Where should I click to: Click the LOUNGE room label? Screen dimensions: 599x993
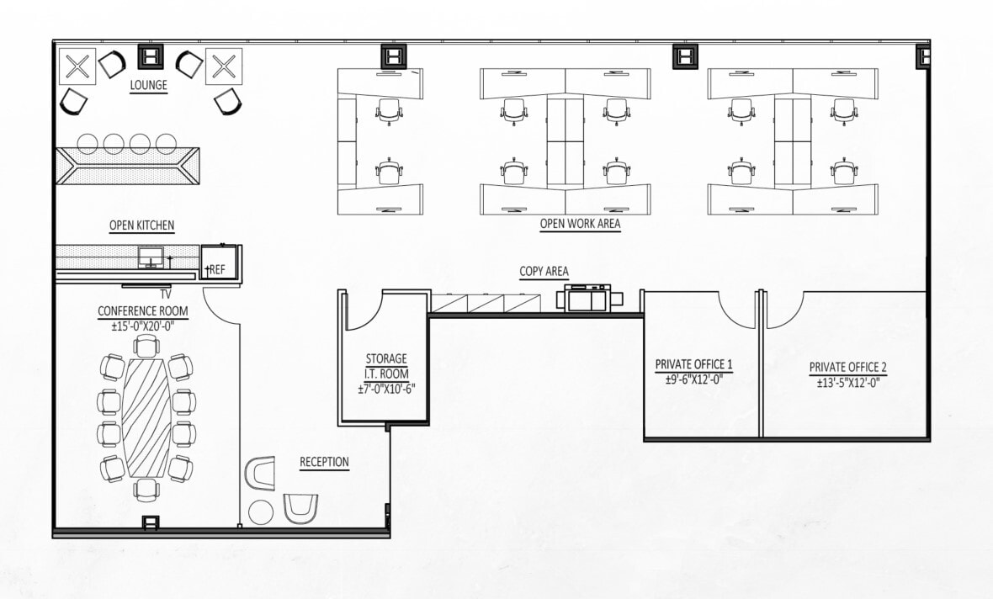pos(148,85)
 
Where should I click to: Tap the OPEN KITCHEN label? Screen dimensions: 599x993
pos(142,225)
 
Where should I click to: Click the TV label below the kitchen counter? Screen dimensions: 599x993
pos(166,294)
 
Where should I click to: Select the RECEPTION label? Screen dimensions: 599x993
pos(324,462)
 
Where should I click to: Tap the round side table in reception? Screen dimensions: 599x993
pos(261,511)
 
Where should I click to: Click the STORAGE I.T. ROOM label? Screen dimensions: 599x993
pos(386,366)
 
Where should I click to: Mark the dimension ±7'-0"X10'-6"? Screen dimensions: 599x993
pos(386,389)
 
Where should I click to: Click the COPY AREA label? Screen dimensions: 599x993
pos(543,271)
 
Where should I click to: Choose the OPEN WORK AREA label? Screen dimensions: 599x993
pos(580,224)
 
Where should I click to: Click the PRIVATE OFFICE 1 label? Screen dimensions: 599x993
pos(693,364)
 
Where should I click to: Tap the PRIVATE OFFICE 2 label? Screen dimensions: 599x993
pos(847,368)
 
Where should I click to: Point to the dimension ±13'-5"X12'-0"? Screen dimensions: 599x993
pos(847,383)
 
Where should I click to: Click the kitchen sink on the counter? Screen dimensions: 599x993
pos(151,257)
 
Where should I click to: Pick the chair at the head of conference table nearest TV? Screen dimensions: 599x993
pos(146,345)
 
